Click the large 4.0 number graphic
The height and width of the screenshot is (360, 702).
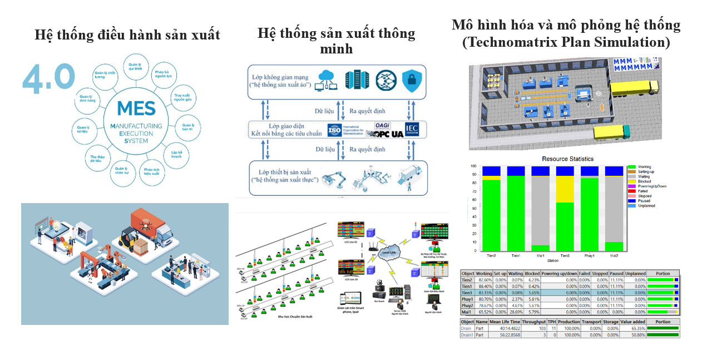[48, 77]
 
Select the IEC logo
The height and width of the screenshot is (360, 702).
[412, 130]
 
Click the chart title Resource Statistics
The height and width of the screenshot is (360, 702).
[567, 159]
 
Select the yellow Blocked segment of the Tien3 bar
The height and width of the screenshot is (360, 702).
[565, 189]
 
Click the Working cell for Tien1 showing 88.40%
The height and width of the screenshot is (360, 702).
[484, 287]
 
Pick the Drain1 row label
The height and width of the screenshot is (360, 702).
[467, 335]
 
